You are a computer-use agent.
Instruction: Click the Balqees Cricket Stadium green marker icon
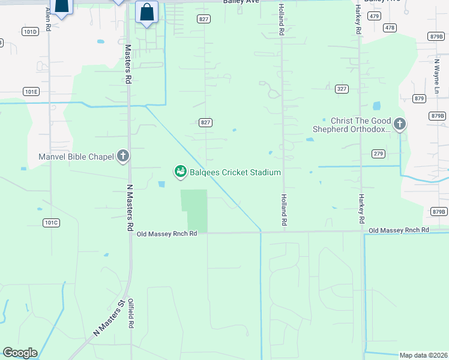pyautogui.click(x=179, y=172)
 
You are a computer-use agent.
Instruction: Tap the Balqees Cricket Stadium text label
pyautogui.click(x=234, y=173)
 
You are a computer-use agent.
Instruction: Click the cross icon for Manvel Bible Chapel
pyautogui.click(x=122, y=157)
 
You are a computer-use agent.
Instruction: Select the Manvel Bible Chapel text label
pyautogui.click(x=76, y=157)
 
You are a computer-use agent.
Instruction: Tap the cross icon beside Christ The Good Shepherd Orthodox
pyautogui.click(x=400, y=125)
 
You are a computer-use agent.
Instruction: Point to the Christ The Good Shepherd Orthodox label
pyautogui.click(x=352, y=125)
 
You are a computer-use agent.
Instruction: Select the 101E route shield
pyautogui.click(x=31, y=92)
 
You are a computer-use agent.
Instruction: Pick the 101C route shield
pyautogui.click(x=52, y=223)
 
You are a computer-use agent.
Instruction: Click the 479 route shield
pyautogui.click(x=375, y=16)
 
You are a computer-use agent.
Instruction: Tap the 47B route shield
pyautogui.click(x=390, y=28)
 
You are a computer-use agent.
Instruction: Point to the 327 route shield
pyautogui.click(x=342, y=89)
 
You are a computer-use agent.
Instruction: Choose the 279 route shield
pyautogui.click(x=378, y=154)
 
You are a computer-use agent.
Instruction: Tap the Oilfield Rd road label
pyautogui.click(x=131, y=314)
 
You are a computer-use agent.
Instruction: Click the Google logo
pyautogui.click(x=20, y=353)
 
